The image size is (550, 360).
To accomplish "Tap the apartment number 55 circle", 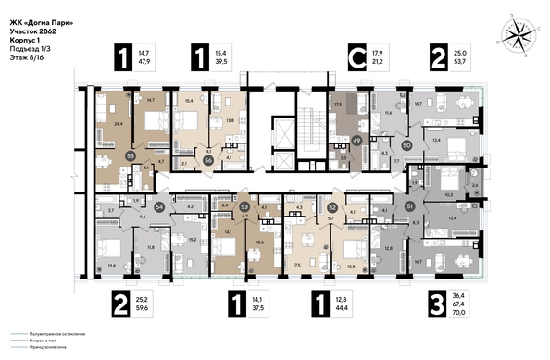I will (131, 157).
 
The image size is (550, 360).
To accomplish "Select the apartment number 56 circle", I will (208, 159).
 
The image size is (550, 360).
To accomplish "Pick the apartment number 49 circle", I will (356, 140).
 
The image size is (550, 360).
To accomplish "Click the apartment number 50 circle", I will (407, 144).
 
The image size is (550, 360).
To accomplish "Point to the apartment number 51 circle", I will (410, 206).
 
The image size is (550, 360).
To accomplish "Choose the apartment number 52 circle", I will (331, 208).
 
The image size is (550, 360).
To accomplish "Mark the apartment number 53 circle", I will (244, 208).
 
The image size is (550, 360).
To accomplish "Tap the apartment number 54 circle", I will (159, 208).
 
